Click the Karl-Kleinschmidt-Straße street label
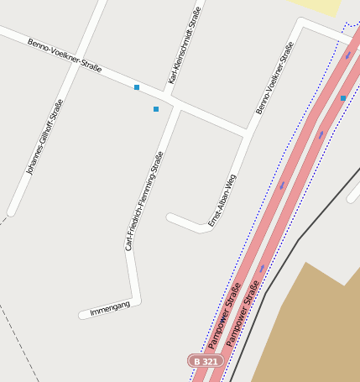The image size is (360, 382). pyautogui.click(x=184, y=45)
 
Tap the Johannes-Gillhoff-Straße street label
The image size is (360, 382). pyautogui.click(x=44, y=137)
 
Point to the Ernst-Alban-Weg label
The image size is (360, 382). pyautogui.click(x=222, y=201)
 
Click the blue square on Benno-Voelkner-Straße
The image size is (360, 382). pyautogui.click(x=137, y=87)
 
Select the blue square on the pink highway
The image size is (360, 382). pyautogui.click(x=342, y=98)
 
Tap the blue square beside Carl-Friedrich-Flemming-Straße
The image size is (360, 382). pyautogui.click(x=156, y=109)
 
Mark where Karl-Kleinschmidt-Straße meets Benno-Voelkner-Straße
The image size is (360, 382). pyautogui.click(x=171, y=95)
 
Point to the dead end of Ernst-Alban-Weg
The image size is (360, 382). pyautogui.click(x=170, y=218)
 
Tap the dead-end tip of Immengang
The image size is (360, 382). pyautogui.click(x=82, y=316)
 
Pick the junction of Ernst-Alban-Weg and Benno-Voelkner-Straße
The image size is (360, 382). pyautogui.click(x=244, y=132)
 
